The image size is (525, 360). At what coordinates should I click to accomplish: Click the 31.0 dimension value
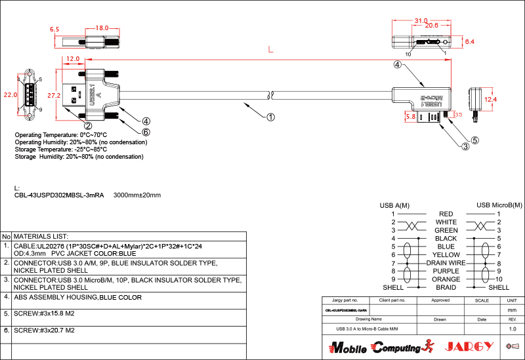(x=421, y=21)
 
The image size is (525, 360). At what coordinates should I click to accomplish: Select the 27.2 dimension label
(x=54, y=96)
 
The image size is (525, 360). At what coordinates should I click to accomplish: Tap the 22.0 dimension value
(x=10, y=94)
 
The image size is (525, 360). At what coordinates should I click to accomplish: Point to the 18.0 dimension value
(x=102, y=28)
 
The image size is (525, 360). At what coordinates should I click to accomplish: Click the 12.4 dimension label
(x=491, y=100)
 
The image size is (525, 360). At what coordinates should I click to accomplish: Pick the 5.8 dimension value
(x=411, y=116)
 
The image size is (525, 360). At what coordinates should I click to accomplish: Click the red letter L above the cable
(x=270, y=50)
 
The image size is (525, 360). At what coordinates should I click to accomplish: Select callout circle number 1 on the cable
(x=270, y=118)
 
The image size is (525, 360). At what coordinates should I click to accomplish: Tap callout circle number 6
(x=146, y=132)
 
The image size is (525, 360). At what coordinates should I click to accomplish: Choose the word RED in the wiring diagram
(x=446, y=214)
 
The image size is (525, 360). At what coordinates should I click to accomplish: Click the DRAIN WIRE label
(x=446, y=263)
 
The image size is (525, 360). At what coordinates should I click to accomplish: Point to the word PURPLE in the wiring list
(x=446, y=271)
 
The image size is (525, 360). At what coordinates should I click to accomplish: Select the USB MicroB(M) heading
(x=499, y=205)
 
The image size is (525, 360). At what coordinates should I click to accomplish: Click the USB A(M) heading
(x=394, y=205)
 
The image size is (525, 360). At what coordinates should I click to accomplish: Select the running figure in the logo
(x=429, y=346)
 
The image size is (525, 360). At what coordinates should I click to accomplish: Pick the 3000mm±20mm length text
(x=137, y=195)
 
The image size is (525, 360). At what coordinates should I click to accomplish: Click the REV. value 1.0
(x=513, y=329)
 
